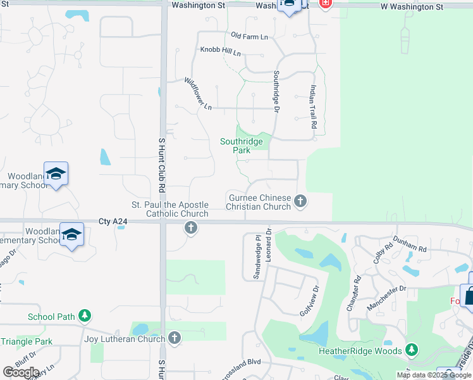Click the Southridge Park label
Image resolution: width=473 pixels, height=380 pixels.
click(242, 146)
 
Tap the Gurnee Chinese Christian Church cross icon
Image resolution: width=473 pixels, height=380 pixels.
click(300, 201)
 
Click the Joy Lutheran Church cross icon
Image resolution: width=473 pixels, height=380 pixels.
click(174, 339)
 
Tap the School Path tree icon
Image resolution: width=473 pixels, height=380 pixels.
click(84, 316)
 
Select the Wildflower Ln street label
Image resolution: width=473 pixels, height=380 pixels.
click(197, 94)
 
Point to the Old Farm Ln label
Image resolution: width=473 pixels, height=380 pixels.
click(250, 37)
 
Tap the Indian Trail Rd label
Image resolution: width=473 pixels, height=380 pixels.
click(313, 108)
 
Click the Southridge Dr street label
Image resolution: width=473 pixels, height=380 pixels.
click(276, 92)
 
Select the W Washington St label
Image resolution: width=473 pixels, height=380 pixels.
click(412, 7)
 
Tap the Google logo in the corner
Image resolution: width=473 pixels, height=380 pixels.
click(21, 372)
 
